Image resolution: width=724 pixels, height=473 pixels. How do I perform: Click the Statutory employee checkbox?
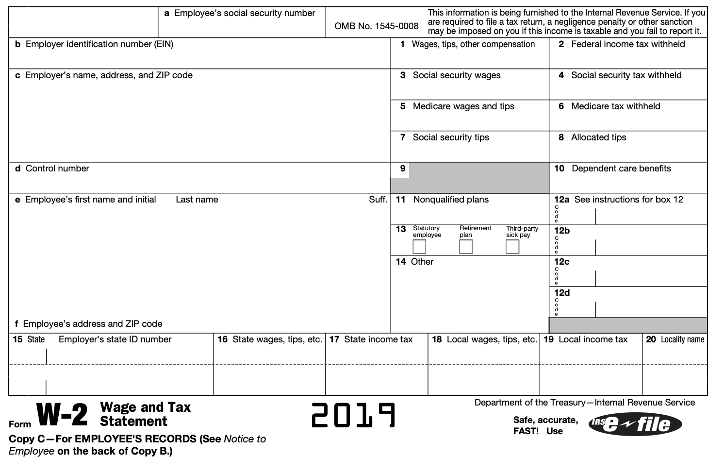(x=419, y=247)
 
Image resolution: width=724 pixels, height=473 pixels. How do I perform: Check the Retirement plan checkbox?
(x=466, y=247)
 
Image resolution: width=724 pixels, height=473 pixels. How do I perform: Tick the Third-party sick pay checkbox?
(x=512, y=247)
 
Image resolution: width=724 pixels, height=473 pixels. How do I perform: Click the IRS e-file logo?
(x=635, y=424)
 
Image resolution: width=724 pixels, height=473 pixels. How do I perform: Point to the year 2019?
(x=353, y=416)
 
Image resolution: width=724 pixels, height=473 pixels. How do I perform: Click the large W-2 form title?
(x=63, y=415)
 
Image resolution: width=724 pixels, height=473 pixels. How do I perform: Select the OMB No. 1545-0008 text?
(x=377, y=26)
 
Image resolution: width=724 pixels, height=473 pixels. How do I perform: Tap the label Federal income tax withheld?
(x=628, y=44)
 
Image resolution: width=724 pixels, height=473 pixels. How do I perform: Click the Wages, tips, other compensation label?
(x=473, y=44)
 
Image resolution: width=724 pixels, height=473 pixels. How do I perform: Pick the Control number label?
(x=57, y=169)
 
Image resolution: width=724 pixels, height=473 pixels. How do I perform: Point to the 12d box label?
(x=562, y=293)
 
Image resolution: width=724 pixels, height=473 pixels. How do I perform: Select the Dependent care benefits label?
(x=621, y=169)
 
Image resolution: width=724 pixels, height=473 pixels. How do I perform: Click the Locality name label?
(x=682, y=339)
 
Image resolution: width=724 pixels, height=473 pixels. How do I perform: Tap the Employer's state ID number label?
(x=115, y=339)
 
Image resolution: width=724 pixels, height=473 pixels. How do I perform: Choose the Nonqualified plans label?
(x=451, y=200)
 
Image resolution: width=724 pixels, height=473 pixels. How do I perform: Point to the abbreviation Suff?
(x=378, y=200)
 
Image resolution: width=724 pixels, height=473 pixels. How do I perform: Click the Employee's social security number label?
(x=245, y=13)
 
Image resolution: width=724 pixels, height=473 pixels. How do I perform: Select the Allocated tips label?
(x=598, y=137)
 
